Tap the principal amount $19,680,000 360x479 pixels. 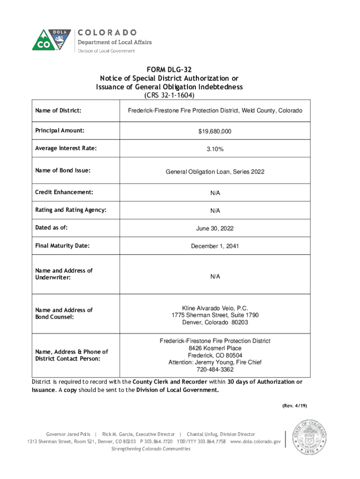click(215, 132)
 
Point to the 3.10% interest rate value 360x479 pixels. click(215, 150)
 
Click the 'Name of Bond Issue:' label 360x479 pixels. click(63, 171)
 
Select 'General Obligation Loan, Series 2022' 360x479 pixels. click(215, 172)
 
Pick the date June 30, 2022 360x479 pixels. click(215, 228)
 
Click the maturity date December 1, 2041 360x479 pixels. click(215, 246)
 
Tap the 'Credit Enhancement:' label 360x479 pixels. click(64, 192)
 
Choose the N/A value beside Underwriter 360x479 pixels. click(215, 276)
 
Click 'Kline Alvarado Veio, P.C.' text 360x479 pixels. click(215, 308)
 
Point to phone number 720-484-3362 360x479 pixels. click(215, 370)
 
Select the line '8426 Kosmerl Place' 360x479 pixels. click(215, 348)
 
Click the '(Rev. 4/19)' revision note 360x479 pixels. click(294, 405)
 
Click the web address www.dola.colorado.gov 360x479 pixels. click(255, 442)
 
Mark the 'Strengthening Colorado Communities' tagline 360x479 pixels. click(150, 449)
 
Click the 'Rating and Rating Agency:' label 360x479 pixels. click(71, 210)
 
